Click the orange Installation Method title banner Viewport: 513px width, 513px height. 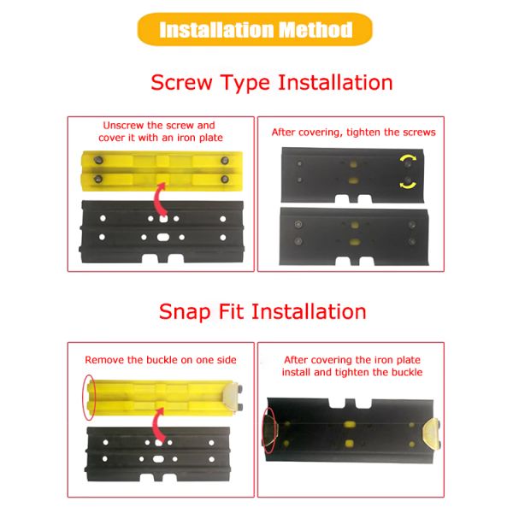coord(256,30)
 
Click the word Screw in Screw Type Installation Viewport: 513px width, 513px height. coord(181,83)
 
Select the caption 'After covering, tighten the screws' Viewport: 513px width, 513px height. coord(353,132)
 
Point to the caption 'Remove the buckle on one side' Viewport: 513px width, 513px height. coord(160,359)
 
